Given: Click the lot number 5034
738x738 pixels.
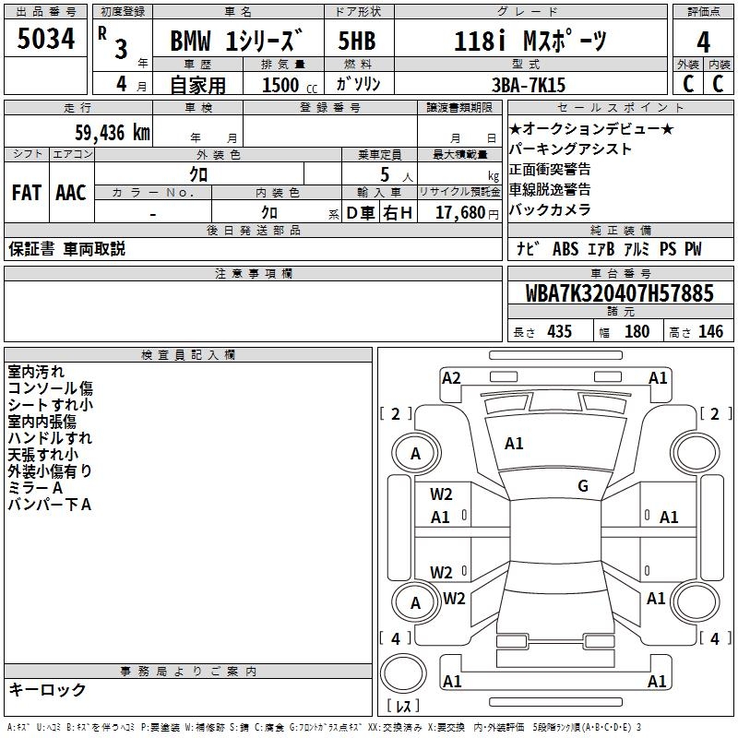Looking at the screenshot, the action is point(45,39).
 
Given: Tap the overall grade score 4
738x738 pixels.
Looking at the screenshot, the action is point(703,42).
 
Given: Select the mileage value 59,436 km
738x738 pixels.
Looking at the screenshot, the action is point(113,133).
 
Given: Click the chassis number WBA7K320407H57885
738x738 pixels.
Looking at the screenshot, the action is point(619,293).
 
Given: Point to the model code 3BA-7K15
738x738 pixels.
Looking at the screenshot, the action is point(528,85).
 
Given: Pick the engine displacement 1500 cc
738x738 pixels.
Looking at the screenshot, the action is point(290,85).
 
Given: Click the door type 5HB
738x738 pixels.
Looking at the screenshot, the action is point(357,41).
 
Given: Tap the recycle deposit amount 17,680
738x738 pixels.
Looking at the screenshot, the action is point(460,213).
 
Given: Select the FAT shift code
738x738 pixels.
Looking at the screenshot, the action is point(27,193).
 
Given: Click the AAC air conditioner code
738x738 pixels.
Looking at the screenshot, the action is point(71,193).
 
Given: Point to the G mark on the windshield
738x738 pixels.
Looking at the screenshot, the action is point(583,485).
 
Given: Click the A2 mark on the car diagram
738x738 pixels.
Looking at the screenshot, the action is point(451,378).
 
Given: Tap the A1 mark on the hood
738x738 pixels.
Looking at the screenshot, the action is point(514,444).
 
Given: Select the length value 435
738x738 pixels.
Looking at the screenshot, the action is point(559,331).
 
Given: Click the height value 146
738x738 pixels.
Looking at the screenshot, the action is point(710,331).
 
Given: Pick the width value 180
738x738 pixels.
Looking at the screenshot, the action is point(637,331).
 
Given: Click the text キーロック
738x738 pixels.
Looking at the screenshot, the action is point(48,689).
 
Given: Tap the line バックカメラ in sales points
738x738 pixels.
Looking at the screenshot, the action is point(550,209).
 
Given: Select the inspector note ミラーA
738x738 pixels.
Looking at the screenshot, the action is point(35,488).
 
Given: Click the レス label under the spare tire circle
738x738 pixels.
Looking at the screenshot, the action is point(403,706).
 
